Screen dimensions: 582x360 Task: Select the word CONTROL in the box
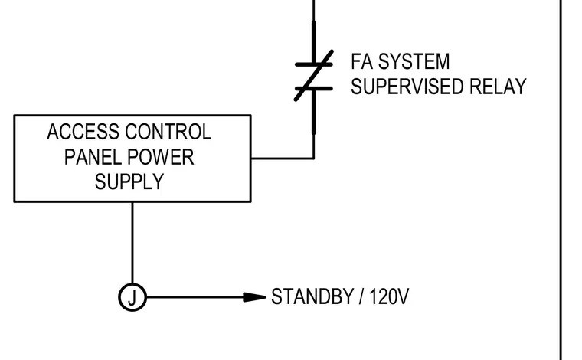click(x=168, y=132)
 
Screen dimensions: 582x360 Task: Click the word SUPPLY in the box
click(x=129, y=182)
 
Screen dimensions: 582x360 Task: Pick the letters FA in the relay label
click(x=362, y=61)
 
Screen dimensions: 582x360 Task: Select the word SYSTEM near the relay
click(x=414, y=61)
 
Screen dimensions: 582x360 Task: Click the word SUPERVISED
click(x=407, y=87)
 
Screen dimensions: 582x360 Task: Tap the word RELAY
click(x=498, y=87)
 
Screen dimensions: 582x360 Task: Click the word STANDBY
click(x=312, y=296)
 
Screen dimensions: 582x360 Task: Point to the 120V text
click(x=389, y=296)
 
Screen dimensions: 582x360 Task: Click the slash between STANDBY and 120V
click(x=361, y=296)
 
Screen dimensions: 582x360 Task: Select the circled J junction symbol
click(x=132, y=297)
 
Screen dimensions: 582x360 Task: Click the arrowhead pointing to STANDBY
click(x=254, y=297)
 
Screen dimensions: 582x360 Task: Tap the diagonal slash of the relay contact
click(x=314, y=76)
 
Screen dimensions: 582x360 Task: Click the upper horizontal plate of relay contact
click(x=314, y=64)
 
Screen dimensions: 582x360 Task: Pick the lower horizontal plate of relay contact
click(x=314, y=88)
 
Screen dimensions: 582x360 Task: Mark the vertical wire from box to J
click(x=132, y=243)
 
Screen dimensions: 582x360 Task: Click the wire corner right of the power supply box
click(x=314, y=159)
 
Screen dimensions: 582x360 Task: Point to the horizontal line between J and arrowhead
click(x=195, y=297)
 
